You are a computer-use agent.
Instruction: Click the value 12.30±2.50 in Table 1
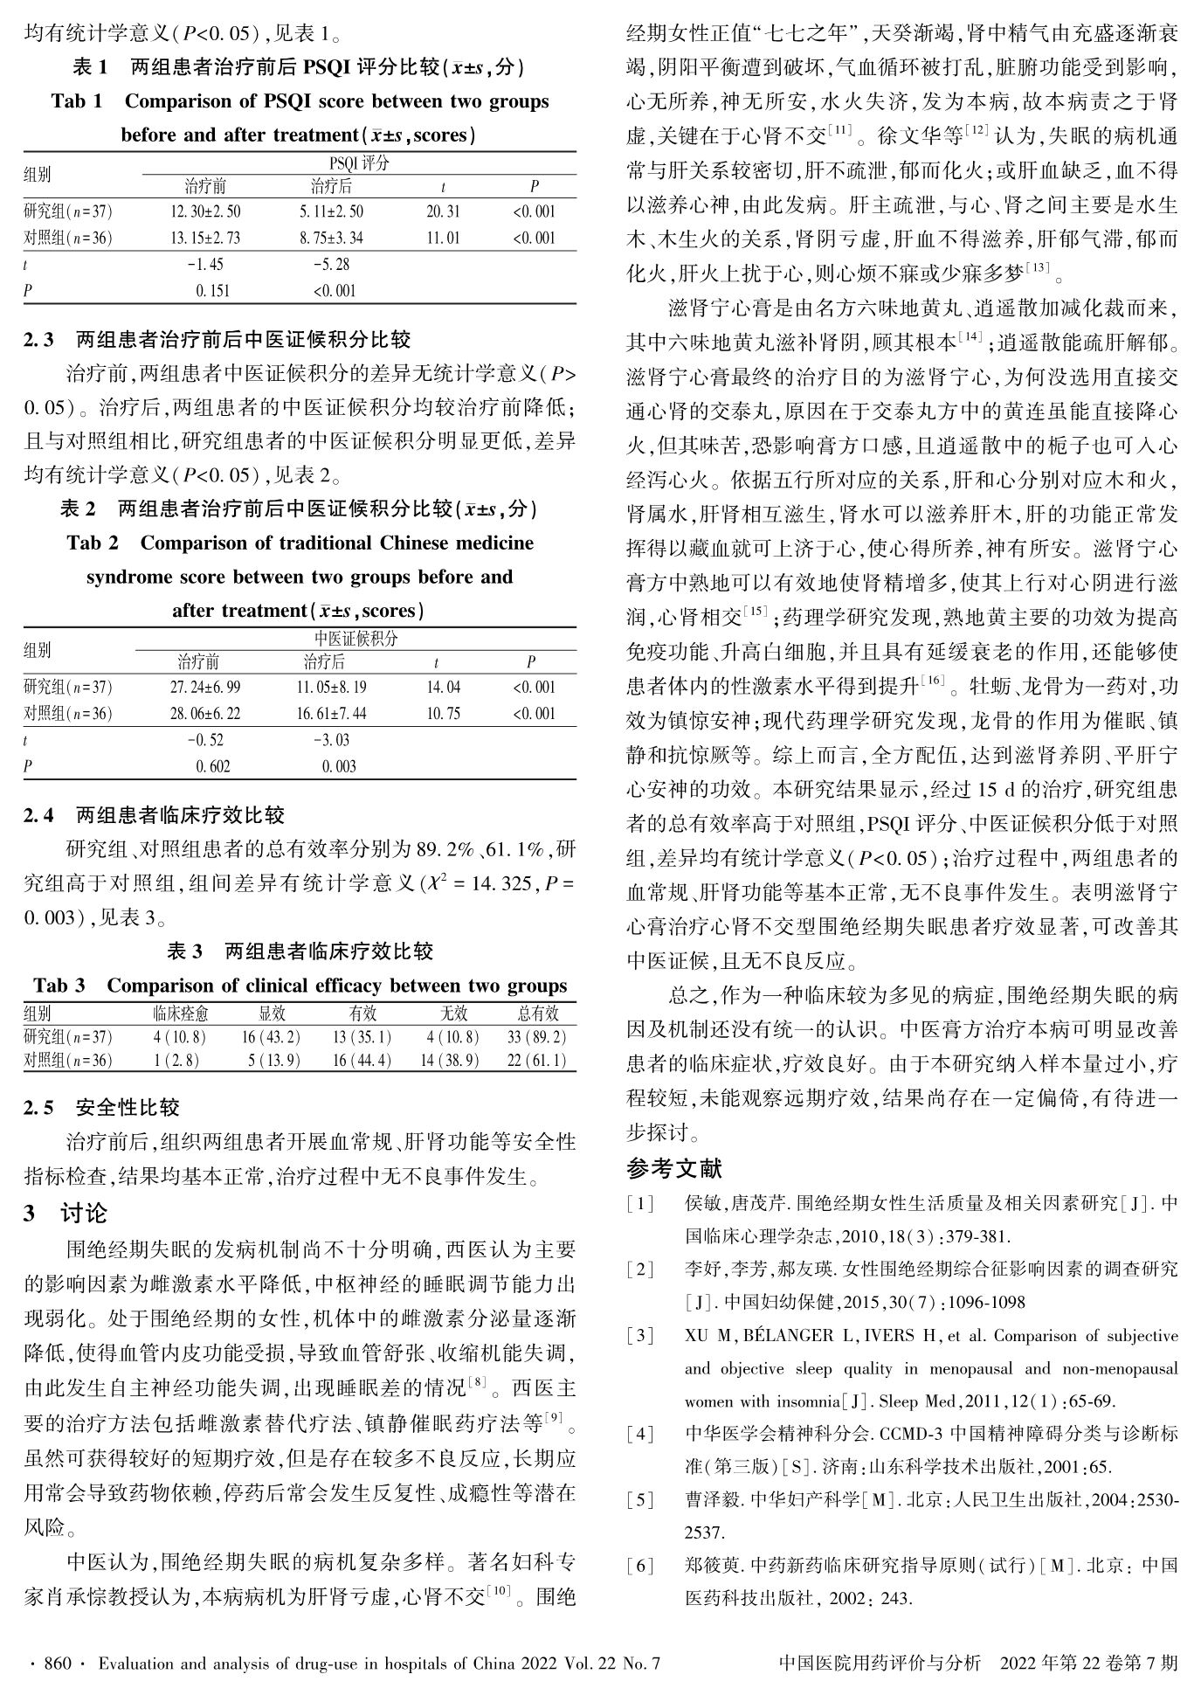205,211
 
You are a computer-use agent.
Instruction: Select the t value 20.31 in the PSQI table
443,211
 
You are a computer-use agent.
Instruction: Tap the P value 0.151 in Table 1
213,291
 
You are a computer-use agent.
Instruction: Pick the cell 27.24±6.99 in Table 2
205,688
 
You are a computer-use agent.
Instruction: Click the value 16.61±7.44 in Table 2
331,714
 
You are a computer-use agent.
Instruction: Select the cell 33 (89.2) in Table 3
536,1038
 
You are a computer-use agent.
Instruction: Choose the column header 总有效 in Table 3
537,1014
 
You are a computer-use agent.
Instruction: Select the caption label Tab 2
93,543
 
